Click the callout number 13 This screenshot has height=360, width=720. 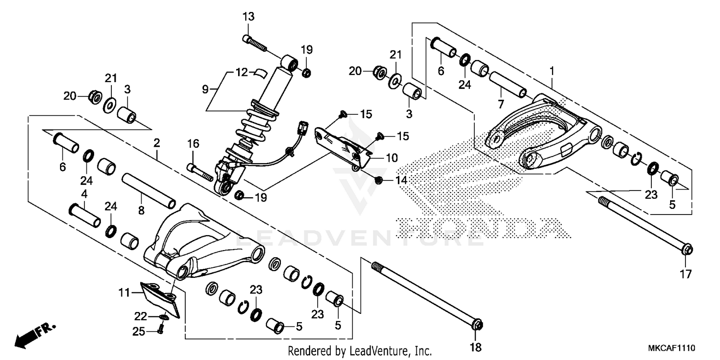[x=248, y=17]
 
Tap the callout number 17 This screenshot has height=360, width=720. [x=686, y=275]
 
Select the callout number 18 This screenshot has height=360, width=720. [x=477, y=347]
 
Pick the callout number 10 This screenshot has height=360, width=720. [x=392, y=157]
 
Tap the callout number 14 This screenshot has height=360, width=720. [x=401, y=180]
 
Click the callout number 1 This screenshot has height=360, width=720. [x=552, y=71]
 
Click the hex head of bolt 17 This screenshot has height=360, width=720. [x=687, y=250]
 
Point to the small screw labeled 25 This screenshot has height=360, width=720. [x=160, y=330]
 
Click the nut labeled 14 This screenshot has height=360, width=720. [x=379, y=180]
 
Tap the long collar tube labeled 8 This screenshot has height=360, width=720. [x=149, y=191]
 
